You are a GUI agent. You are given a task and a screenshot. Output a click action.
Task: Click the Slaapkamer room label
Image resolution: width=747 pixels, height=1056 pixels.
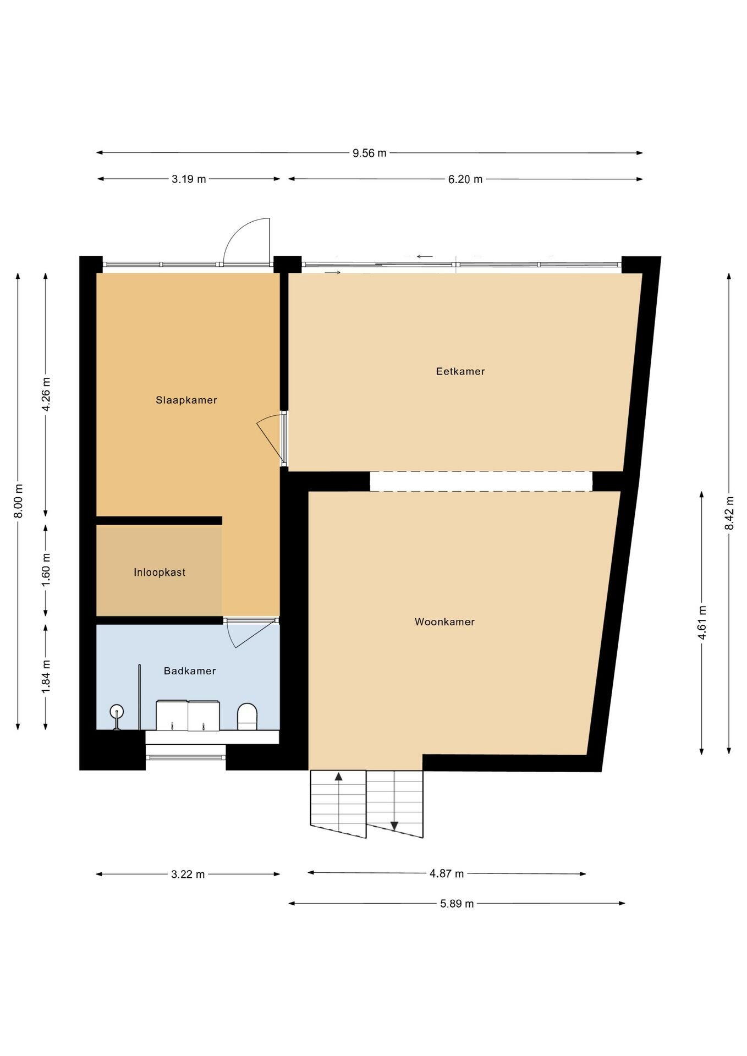coord(186,400)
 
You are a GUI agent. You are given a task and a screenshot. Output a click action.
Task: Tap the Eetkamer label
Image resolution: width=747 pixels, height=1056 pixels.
coord(460,371)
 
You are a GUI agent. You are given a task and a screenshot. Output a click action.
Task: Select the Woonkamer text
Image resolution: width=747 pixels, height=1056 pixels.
coord(444,621)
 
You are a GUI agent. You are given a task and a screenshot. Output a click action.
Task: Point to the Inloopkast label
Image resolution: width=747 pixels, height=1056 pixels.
coord(160,572)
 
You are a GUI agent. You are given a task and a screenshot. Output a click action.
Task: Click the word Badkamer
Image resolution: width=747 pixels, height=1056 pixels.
coord(190,670)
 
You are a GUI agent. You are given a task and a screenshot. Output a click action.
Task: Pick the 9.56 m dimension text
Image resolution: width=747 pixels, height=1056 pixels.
coord(370,153)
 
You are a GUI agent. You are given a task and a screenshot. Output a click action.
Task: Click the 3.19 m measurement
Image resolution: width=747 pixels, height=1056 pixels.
coord(189,179)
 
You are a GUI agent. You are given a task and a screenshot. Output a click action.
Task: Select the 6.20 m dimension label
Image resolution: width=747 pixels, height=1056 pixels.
coord(465,179)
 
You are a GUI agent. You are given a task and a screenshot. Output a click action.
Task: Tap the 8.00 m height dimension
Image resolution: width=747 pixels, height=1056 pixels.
coord(19,501)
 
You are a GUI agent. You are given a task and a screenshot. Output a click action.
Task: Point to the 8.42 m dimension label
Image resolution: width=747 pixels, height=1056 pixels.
coord(729,513)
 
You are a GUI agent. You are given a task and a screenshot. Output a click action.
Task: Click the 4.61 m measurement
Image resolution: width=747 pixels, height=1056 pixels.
coord(702,622)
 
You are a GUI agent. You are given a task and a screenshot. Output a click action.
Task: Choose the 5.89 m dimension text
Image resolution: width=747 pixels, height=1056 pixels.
coord(457,903)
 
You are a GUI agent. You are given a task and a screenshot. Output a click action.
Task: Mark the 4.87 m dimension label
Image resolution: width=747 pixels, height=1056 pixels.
coord(447,873)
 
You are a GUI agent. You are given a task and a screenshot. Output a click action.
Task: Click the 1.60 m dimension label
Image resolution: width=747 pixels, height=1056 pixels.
coord(46,570)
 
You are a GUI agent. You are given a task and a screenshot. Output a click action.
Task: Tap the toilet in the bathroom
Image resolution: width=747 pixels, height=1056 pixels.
coord(247,717)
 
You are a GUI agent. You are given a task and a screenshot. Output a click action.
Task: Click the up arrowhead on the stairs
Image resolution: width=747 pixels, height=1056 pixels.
coord(339,777)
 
